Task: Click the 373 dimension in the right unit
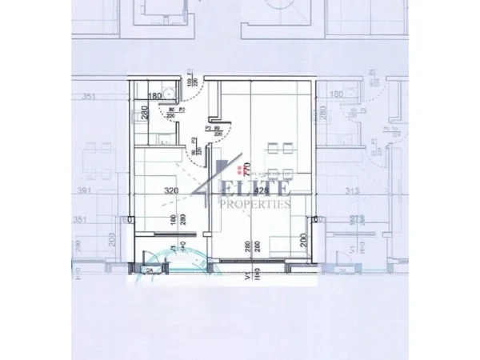tap(345, 217)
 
